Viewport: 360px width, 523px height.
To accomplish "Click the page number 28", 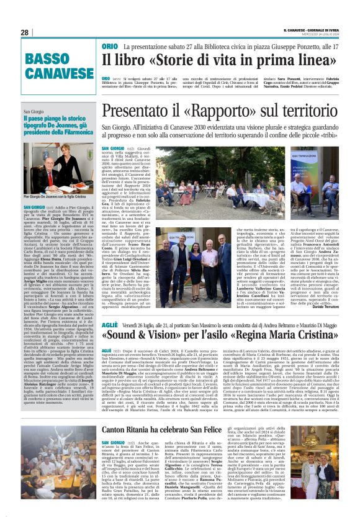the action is click(x=24, y=32).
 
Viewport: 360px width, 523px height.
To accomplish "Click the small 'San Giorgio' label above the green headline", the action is click(x=35, y=112).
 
